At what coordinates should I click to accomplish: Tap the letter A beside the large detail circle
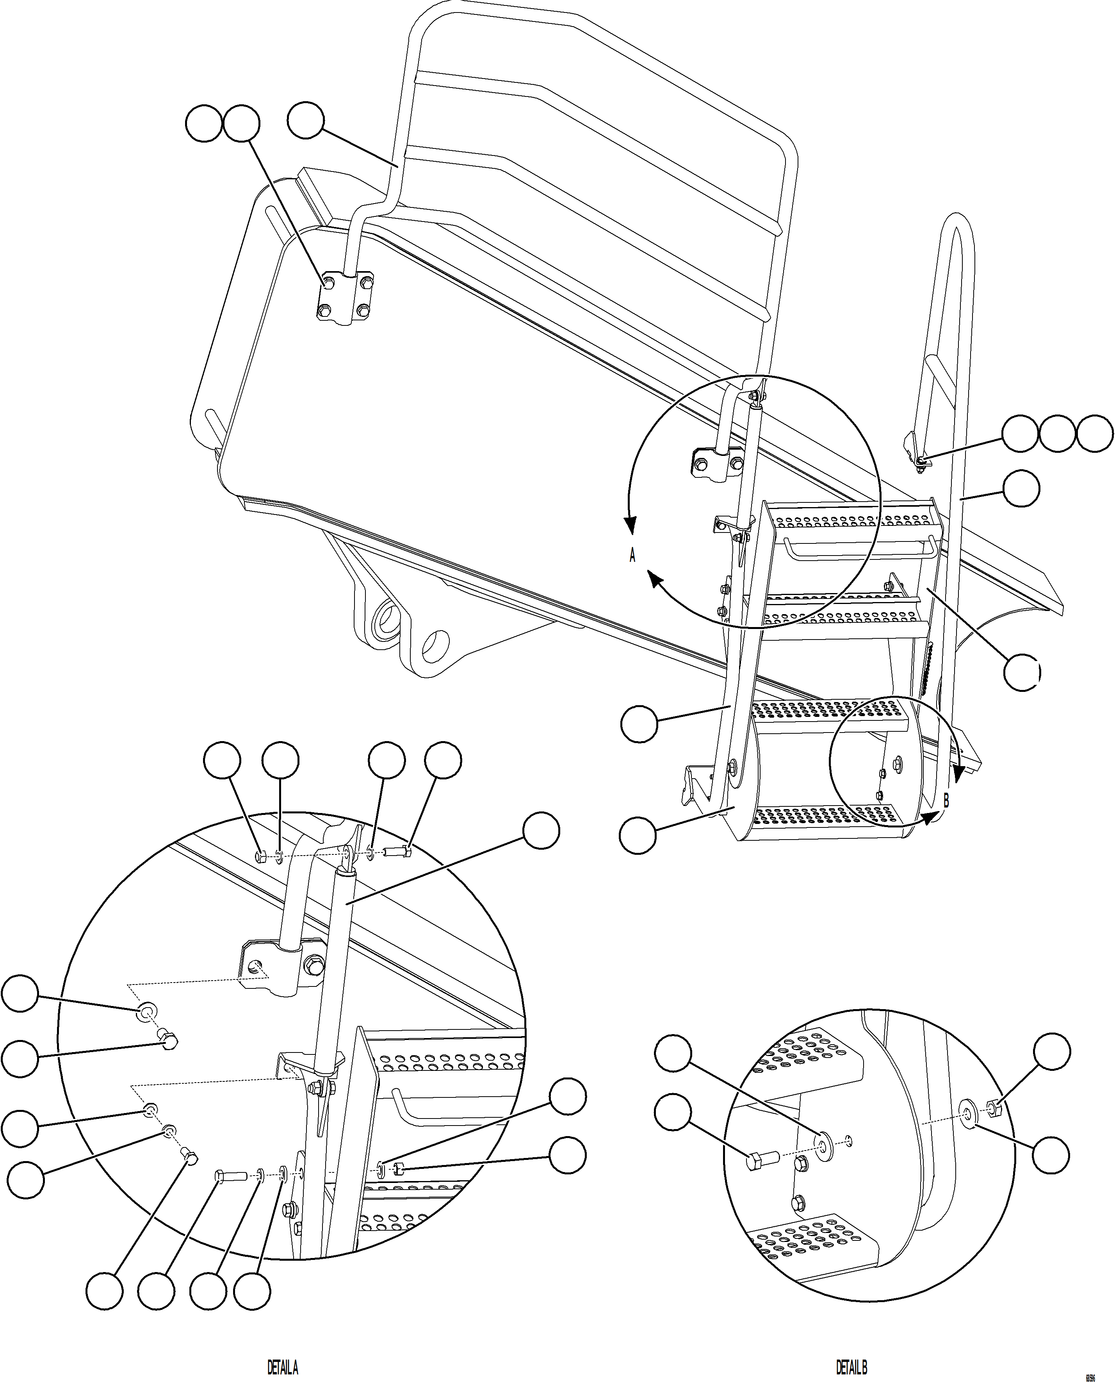click(x=632, y=555)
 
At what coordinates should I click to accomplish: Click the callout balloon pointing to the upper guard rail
click(x=305, y=122)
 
